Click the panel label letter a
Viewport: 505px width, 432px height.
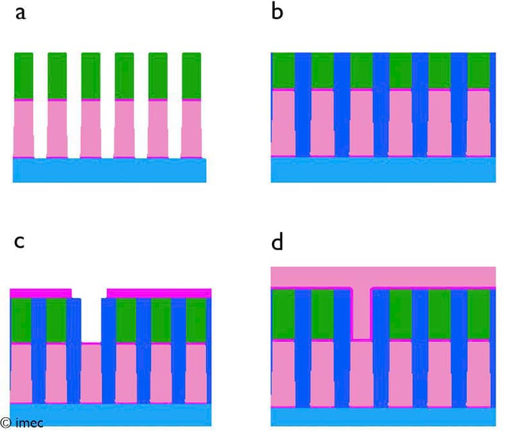pyautogui.click(x=21, y=13)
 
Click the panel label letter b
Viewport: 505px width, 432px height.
pyautogui.click(x=277, y=11)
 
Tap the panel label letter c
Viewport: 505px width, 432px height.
pyautogui.click(x=20, y=242)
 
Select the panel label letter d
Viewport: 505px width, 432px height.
pyautogui.click(x=277, y=242)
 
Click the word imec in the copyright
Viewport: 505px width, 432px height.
pyautogui.click(x=29, y=423)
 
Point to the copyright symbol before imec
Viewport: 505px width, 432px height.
pyautogui.click(x=6, y=423)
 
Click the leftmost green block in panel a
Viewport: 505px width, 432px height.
pyautogui.click(x=24, y=76)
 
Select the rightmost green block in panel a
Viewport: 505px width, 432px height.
pyautogui.click(x=191, y=76)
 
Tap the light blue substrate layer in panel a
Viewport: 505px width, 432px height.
pyautogui.click(x=110, y=170)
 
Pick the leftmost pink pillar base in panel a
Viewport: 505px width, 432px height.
pyautogui.click(x=24, y=129)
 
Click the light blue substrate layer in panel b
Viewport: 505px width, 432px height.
pyautogui.click(x=383, y=170)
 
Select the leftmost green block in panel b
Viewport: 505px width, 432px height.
pyautogui.click(x=283, y=71)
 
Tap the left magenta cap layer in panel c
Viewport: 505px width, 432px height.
pyautogui.click(x=40, y=293)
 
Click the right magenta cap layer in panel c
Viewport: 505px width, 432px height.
pyautogui.click(x=159, y=293)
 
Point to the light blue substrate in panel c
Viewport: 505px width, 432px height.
pyautogui.click(x=110, y=415)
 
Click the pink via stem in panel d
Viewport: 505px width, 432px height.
pyautogui.click(x=361, y=314)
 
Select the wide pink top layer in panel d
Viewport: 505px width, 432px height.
pyautogui.click(x=383, y=277)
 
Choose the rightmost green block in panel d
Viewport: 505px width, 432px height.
pyautogui.click(x=479, y=314)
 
